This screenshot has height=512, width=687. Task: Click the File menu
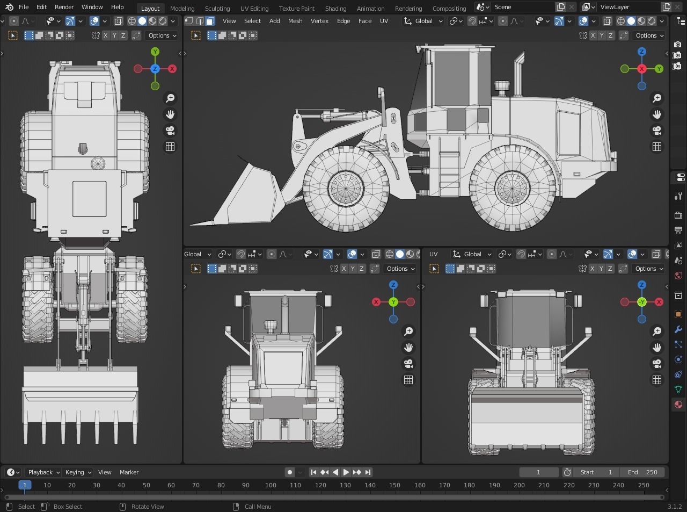point(24,7)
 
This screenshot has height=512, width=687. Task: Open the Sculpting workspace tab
point(217,8)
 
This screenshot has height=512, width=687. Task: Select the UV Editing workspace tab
point(254,8)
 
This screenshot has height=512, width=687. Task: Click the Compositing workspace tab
point(449,8)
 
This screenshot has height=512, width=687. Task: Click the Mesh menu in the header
point(295,21)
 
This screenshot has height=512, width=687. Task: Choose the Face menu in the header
point(365,21)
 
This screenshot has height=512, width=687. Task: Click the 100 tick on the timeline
point(271,485)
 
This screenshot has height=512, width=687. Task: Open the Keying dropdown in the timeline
point(78,472)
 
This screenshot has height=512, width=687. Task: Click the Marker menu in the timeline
point(129,472)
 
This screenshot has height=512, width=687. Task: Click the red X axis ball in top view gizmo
point(172,69)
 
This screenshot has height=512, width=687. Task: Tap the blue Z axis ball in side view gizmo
point(642,52)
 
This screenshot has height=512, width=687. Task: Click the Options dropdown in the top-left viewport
point(162,35)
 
